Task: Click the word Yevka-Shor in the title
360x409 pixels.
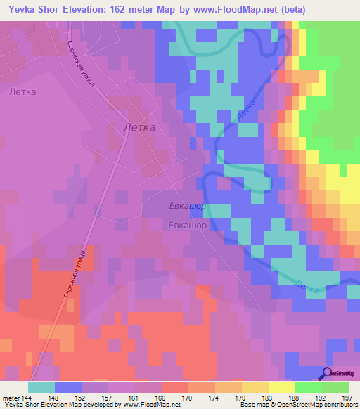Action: [x=34, y=10]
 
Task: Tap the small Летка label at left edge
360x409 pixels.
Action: [x=22, y=91]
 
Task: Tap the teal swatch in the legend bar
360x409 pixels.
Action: [x=41, y=387]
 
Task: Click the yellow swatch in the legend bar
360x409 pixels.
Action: [x=281, y=387]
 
